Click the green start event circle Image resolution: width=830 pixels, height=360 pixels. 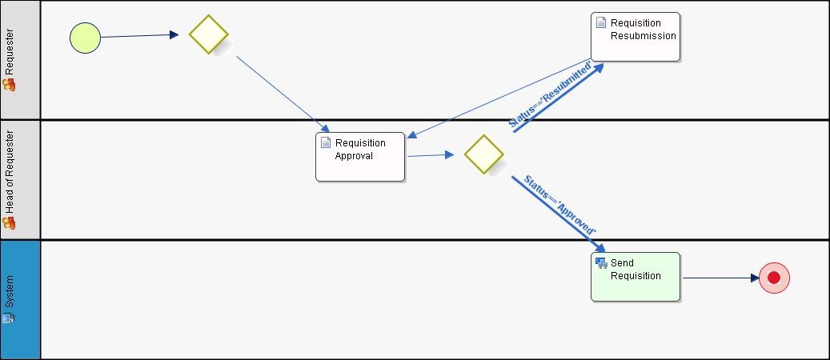[85, 38]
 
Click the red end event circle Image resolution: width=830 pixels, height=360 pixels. [774, 278]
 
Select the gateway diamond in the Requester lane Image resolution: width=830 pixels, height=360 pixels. [209, 34]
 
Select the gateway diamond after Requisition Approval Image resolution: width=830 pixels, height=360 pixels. [483, 154]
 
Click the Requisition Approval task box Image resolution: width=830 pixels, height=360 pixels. [360, 157]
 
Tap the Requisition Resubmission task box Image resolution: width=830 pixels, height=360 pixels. [636, 37]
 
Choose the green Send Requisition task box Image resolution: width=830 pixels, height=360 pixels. [636, 277]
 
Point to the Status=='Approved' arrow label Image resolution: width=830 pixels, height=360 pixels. [559, 204]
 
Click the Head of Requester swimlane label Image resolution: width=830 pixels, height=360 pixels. [10, 173]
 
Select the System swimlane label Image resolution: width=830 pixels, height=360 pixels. [10, 291]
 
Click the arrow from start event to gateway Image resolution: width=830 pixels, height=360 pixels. [139, 36]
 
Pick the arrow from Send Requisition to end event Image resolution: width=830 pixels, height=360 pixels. [720, 278]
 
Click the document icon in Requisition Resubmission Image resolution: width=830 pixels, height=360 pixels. [601, 22]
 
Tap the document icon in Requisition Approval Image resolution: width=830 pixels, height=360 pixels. [326, 142]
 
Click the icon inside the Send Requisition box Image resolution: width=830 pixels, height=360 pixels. [601, 262]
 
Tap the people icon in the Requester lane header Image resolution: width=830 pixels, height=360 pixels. [10, 84]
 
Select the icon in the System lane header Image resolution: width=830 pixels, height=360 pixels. [9, 318]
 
